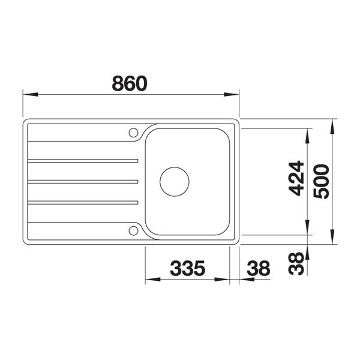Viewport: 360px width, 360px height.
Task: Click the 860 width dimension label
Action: [x=130, y=83]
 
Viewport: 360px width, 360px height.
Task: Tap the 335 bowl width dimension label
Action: [x=187, y=268]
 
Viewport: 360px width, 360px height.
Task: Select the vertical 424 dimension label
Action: [x=296, y=178]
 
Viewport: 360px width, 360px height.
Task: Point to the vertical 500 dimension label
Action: [x=322, y=181]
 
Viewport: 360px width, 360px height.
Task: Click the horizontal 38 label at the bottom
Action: [x=259, y=268]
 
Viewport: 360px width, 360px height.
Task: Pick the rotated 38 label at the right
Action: [x=296, y=263]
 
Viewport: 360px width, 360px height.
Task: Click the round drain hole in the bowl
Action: [x=175, y=182]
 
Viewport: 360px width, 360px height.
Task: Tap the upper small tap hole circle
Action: [x=133, y=133]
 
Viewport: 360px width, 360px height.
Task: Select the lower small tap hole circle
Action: [x=133, y=231]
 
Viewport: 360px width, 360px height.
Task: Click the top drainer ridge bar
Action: [x=83, y=161]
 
